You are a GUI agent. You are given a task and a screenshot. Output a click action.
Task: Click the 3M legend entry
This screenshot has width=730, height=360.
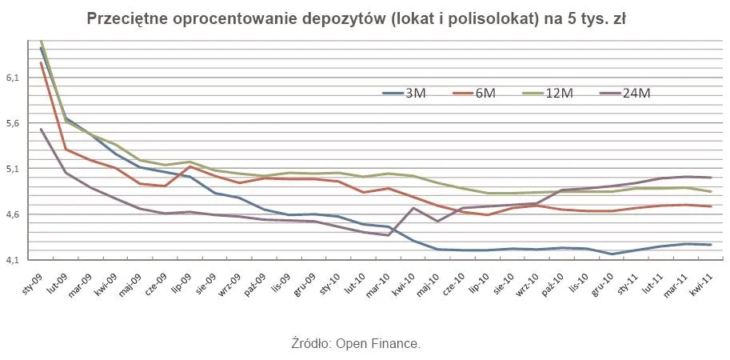pos(404,94)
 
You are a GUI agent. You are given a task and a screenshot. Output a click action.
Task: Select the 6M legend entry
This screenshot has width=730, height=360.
pos(473,94)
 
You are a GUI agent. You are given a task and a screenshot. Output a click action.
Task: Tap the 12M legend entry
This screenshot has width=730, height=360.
pos(548,94)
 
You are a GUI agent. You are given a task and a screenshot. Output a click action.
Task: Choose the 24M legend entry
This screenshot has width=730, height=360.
pos(624,94)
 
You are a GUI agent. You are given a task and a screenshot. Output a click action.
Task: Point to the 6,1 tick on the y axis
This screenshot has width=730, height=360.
pos(14,78)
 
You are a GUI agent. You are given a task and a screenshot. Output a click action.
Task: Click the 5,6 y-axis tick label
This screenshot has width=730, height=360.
pos(14,124)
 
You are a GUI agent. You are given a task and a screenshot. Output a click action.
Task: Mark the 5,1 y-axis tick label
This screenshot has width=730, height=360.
pos(14,170)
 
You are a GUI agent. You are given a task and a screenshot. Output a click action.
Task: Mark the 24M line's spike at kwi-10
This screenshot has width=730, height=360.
pos(413,208)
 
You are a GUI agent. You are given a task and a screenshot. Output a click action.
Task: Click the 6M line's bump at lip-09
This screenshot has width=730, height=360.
pos(189,166)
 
